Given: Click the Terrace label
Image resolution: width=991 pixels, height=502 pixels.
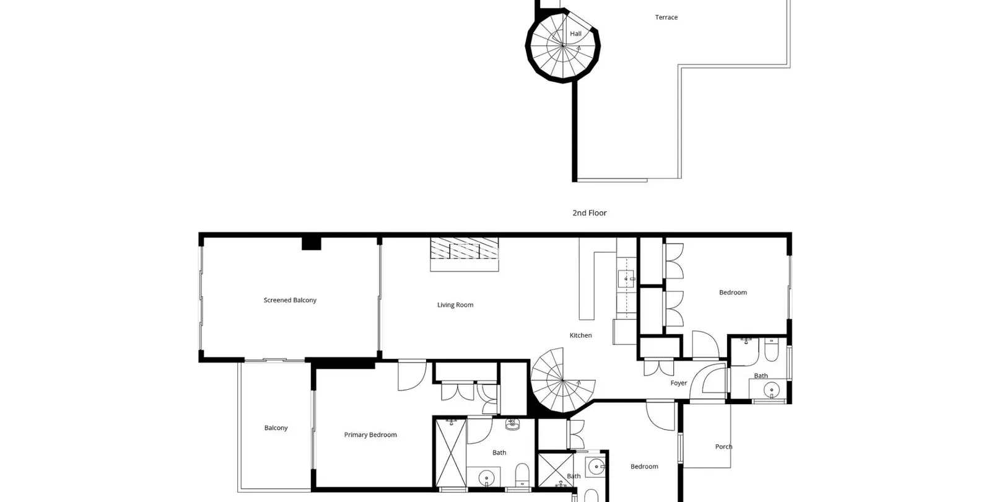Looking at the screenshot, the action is (666, 17).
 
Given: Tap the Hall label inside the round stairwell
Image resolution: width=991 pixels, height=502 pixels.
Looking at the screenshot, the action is (575, 33).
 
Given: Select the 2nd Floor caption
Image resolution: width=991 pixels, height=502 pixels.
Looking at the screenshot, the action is (589, 213).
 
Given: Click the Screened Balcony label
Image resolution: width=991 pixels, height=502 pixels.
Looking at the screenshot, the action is (290, 300).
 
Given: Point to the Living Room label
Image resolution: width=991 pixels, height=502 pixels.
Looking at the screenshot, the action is (455, 305).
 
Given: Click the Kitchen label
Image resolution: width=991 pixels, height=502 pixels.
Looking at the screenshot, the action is (580, 335).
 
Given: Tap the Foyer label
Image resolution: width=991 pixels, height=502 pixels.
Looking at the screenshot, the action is (679, 384).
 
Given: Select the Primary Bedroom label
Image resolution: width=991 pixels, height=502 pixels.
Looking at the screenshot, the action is (370, 435).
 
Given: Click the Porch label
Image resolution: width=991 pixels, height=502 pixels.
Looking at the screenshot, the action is (724, 447).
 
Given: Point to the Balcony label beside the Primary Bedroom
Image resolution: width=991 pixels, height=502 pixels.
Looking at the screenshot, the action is (276, 428).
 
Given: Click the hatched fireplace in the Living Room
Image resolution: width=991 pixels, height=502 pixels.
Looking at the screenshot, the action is (465, 254).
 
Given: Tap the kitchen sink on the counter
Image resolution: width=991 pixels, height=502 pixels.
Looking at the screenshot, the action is (626, 279).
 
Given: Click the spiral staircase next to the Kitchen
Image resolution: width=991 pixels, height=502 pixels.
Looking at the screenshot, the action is (563, 380).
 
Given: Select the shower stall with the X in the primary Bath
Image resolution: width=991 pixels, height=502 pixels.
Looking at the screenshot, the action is (451, 453).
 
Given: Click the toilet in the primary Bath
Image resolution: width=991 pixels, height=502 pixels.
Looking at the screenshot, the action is (523, 474).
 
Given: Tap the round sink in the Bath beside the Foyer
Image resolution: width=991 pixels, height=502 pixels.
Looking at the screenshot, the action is (772, 390).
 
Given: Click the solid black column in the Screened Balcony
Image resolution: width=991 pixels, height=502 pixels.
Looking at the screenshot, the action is (312, 244).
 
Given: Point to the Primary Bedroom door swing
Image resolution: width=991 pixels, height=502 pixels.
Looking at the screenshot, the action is (412, 376).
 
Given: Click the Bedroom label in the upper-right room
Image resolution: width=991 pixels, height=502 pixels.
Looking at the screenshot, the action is (733, 293).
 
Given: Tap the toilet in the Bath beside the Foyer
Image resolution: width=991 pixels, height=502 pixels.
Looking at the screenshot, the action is (771, 350).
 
